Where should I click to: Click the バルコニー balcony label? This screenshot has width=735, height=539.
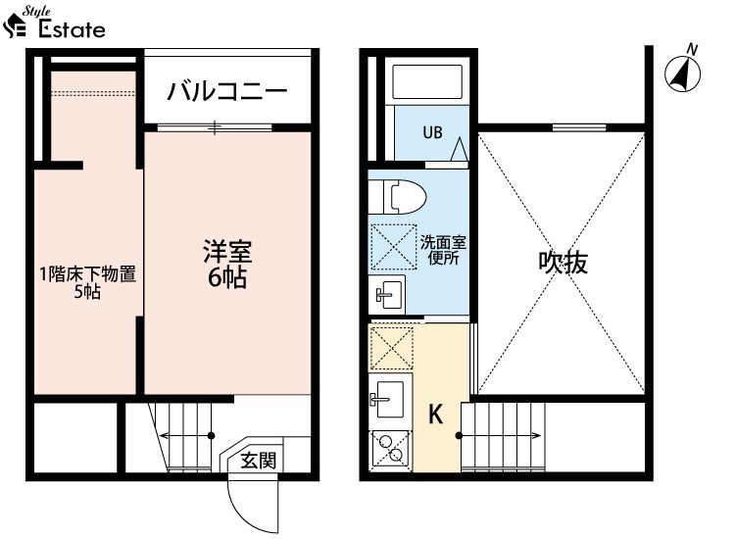pos(227,91)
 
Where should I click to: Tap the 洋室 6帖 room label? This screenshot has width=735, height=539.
pos(227,264)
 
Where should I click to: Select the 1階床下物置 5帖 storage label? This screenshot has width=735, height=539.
pos(87,282)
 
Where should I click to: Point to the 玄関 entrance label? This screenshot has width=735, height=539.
pos(259,461)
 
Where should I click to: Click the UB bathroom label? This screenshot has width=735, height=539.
pos(432,132)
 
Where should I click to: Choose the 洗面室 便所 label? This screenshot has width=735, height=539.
pos(443,250)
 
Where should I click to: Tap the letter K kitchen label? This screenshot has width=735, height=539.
pos(436,414)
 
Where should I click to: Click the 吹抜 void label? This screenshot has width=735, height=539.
pos(563,263)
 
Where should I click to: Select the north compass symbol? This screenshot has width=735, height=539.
pos(683,70)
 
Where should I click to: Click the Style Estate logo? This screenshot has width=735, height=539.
pos(54,23)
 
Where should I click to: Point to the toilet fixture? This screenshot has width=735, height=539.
pos(397,196)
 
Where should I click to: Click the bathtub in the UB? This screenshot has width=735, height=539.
pos(427,81)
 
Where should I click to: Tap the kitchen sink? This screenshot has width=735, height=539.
pos(388,399)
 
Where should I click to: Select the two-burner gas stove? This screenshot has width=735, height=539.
pos(390,449)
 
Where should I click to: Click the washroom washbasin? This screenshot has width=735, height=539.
pos(387,294)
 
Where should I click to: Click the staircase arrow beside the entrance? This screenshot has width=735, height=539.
pos(185,436)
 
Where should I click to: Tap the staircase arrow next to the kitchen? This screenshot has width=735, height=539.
pos(499,436)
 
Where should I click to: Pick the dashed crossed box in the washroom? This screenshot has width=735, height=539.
pos(394,247)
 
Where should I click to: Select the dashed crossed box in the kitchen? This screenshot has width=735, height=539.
pos(392,348)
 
